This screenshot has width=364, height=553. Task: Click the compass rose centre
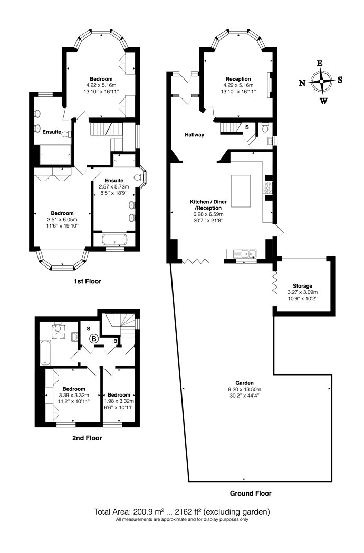click(321, 82)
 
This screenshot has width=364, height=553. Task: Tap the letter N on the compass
click(302, 83)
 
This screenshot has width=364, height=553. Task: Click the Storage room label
click(302, 286)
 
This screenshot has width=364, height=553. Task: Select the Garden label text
click(245, 383)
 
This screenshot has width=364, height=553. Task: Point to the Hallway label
click(194, 135)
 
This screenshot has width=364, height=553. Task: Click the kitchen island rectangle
click(241, 191)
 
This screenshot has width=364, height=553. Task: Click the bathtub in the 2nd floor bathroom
click(45, 353)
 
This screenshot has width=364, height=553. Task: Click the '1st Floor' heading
click(88, 281)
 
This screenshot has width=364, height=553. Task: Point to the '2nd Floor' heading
click(87, 438)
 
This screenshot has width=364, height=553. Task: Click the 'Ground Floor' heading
click(251, 493)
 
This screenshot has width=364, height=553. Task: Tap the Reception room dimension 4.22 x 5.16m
click(238, 85)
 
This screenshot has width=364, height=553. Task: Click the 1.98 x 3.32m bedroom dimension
click(119, 401)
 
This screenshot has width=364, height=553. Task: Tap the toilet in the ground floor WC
click(265, 126)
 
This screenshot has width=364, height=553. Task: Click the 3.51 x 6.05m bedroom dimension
click(62, 220)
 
